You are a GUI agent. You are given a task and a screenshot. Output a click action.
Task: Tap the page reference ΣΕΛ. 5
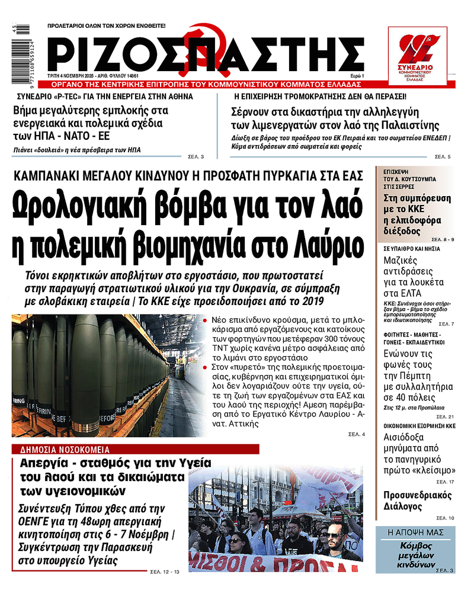click(443, 156)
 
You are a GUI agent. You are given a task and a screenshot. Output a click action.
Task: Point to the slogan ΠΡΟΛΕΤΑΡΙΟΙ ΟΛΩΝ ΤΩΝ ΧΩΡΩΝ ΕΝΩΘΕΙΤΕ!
click(107, 26)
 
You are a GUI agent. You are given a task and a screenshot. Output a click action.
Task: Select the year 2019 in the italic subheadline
click(310, 302)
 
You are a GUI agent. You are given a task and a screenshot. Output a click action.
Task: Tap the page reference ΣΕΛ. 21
click(446, 417)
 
